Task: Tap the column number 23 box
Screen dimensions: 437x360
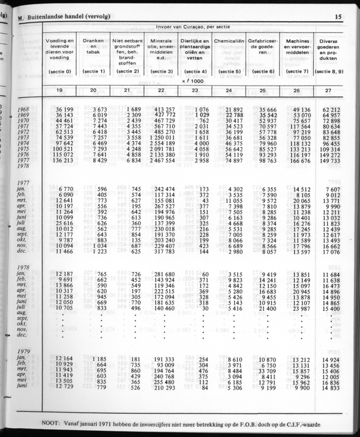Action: tap(195, 91)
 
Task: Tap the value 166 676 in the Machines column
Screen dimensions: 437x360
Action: tap(298, 161)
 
